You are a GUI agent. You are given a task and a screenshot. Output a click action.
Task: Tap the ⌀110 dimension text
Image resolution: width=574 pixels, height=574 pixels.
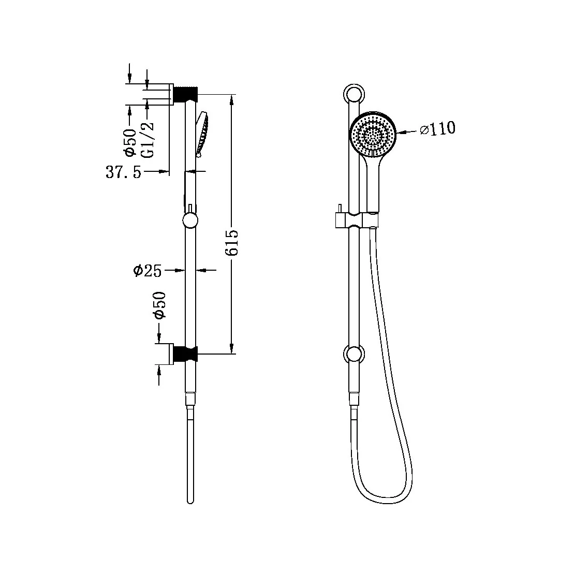[x=437, y=128]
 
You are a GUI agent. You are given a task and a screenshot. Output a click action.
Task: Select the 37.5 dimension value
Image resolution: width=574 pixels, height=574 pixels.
[x=123, y=172]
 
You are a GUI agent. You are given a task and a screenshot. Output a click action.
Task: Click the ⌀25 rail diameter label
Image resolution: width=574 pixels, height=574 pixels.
[x=147, y=270]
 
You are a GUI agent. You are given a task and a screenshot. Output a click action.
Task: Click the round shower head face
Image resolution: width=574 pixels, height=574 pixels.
[x=373, y=135]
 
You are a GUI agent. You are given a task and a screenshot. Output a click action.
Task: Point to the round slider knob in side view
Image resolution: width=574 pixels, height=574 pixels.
[x=190, y=222]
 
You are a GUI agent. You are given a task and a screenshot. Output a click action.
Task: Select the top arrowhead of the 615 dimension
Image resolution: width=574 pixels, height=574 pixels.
[x=232, y=98]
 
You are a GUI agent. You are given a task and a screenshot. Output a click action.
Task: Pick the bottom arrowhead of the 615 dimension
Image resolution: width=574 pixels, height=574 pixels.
[x=232, y=349]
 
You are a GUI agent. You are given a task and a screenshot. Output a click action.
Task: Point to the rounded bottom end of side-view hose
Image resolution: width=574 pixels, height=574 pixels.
[x=190, y=500]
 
